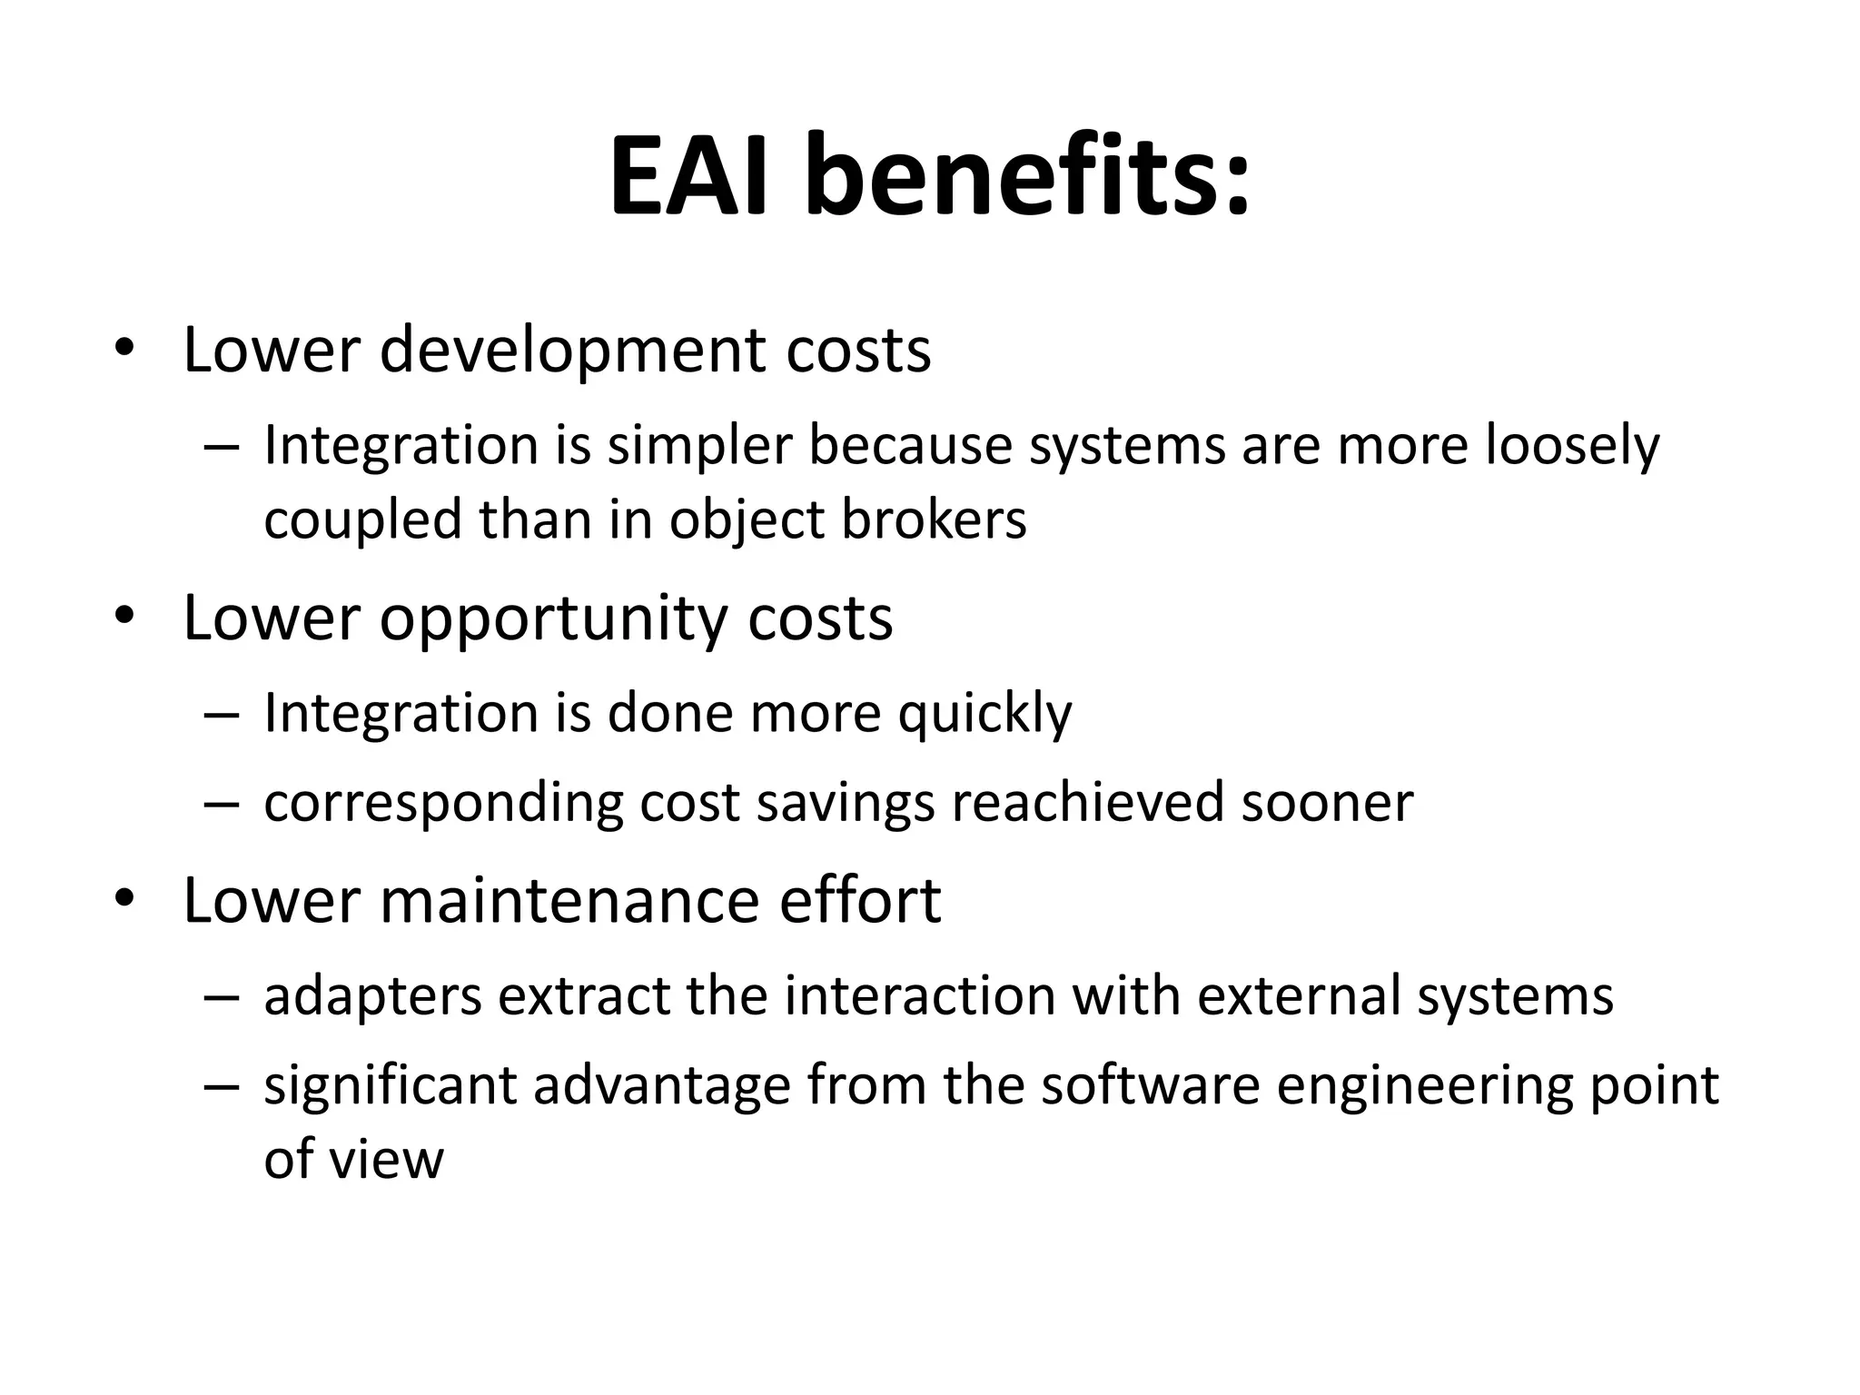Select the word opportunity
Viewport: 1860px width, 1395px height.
[x=553, y=619]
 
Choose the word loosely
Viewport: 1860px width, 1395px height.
[x=1572, y=447]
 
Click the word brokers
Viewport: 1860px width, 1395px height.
[x=935, y=519]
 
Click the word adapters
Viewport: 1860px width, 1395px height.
[x=372, y=996]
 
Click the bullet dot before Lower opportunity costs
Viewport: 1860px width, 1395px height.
[x=124, y=618]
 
